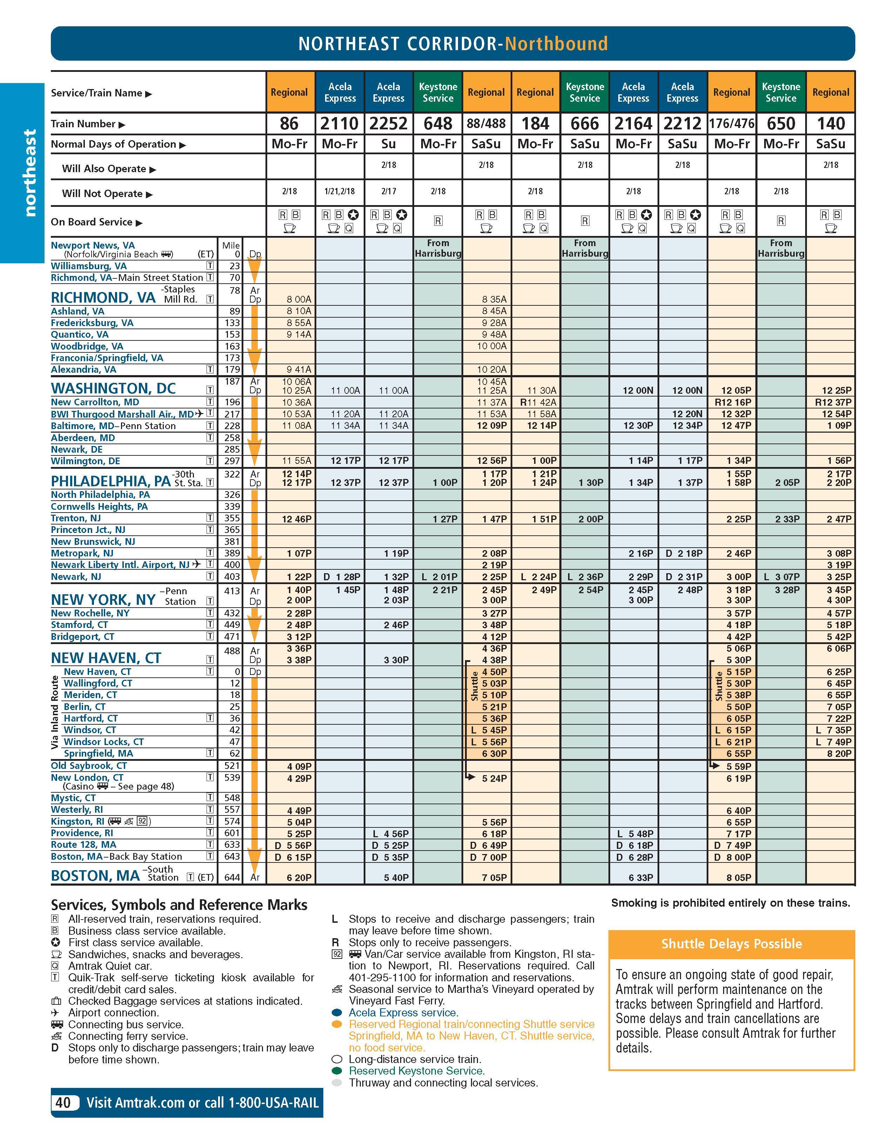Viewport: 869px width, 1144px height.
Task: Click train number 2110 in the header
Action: click(x=339, y=124)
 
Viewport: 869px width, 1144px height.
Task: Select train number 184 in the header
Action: click(x=535, y=124)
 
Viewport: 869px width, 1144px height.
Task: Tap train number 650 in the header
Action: click(x=781, y=124)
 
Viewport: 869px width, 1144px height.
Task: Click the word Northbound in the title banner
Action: click(x=556, y=44)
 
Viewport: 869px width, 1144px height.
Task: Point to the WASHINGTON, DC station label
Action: click(x=113, y=388)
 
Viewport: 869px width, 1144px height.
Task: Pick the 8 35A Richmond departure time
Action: click(x=494, y=299)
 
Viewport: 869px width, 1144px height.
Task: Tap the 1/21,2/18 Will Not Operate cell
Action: click(x=339, y=191)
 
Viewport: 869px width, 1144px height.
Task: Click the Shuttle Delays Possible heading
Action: click(x=732, y=944)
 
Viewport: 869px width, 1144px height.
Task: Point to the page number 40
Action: click(x=63, y=1103)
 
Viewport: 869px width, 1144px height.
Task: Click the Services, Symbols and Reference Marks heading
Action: click(x=179, y=905)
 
